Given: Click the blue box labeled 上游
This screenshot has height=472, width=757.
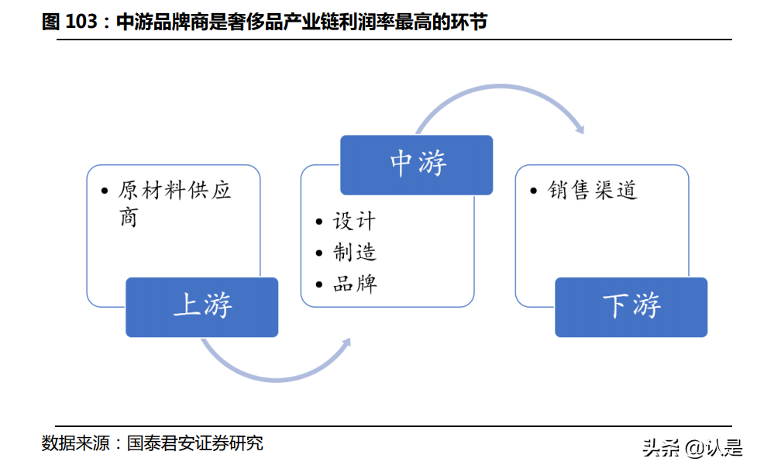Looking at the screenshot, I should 201,307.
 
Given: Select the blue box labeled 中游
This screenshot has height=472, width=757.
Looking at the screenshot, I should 417,165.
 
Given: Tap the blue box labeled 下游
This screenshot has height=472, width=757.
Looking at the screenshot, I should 631,307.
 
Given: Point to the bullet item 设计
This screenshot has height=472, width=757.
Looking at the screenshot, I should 354,222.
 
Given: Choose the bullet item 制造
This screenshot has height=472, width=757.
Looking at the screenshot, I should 354,253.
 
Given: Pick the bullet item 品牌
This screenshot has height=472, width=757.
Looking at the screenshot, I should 354,284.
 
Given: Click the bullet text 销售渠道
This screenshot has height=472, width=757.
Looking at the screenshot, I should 593,191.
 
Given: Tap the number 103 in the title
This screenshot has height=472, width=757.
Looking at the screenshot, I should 80,22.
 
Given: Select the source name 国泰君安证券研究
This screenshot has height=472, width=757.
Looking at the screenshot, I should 194,444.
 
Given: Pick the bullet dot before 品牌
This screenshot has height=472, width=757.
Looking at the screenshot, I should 319,284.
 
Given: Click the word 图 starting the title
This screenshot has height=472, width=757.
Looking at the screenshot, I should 50,22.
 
